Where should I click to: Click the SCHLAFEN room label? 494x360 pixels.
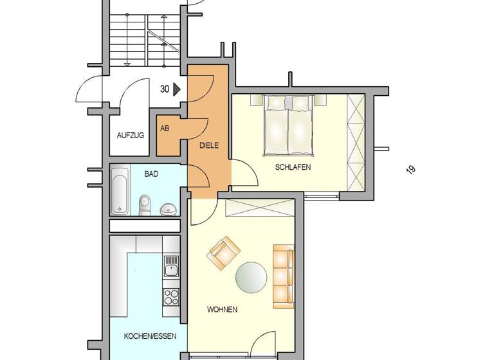click(x=293, y=167)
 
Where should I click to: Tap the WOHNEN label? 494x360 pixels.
click(x=222, y=309)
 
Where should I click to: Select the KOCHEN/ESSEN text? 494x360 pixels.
click(x=146, y=336)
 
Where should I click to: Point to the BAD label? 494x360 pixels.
click(x=151, y=174)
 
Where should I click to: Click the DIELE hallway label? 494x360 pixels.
click(x=208, y=145)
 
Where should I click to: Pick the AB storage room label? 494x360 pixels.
click(x=165, y=129)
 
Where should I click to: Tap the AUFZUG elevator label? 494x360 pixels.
click(x=130, y=135)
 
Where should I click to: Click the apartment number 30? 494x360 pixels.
click(x=165, y=90)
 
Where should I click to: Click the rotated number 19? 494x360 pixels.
click(x=410, y=170)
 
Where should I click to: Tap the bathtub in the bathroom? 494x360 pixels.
click(x=119, y=190)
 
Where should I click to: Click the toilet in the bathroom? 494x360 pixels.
click(x=145, y=204)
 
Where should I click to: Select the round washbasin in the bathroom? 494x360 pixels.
click(x=169, y=209)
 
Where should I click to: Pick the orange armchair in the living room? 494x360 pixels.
click(x=223, y=253)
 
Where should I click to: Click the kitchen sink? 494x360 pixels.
click(x=170, y=265)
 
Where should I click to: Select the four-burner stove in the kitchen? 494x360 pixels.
click(x=171, y=296)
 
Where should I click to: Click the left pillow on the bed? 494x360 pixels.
click(x=276, y=102)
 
